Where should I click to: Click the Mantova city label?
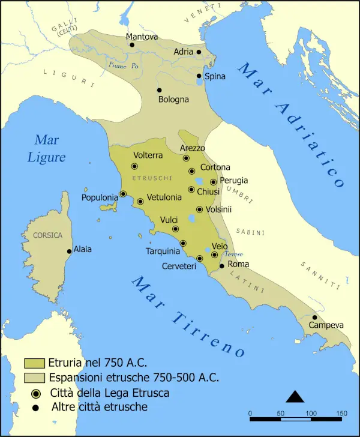pyautogui.click(x=142, y=37)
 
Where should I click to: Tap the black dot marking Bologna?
pyautogui.click(x=159, y=90)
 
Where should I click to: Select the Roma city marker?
pyautogui.click(x=221, y=265)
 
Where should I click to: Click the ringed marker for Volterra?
pyautogui.click(x=134, y=166)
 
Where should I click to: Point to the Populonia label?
pyautogui.click(x=100, y=197)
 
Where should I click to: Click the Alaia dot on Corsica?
pyautogui.click(x=70, y=251)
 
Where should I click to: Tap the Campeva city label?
pyautogui.click(x=326, y=325)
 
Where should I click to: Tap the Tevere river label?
pyautogui.click(x=233, y=254)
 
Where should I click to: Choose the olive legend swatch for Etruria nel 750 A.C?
pyautogui.click(x=35, y=363)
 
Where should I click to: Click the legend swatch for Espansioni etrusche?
pyautogui.click(x=35, y=378)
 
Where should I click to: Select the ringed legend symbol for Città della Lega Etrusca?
pyautogui.click(x=35, y=393)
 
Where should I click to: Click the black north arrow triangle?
pyautogui.click(x=295, y=396)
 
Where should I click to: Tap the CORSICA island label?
pyautogui.click(x=47, y=235)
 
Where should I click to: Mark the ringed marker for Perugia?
pyautogui.click(x=213, y=182)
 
